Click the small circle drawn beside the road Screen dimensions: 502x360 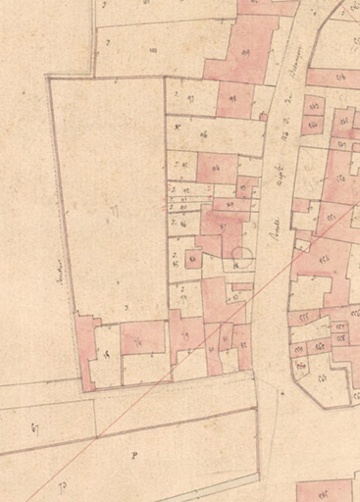pyautogui.click(x=242, y=260)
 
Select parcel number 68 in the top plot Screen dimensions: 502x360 pyautogui.click(x=152, y=49)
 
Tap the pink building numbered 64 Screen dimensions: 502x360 pyautogui.click(x=339, y=76)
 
